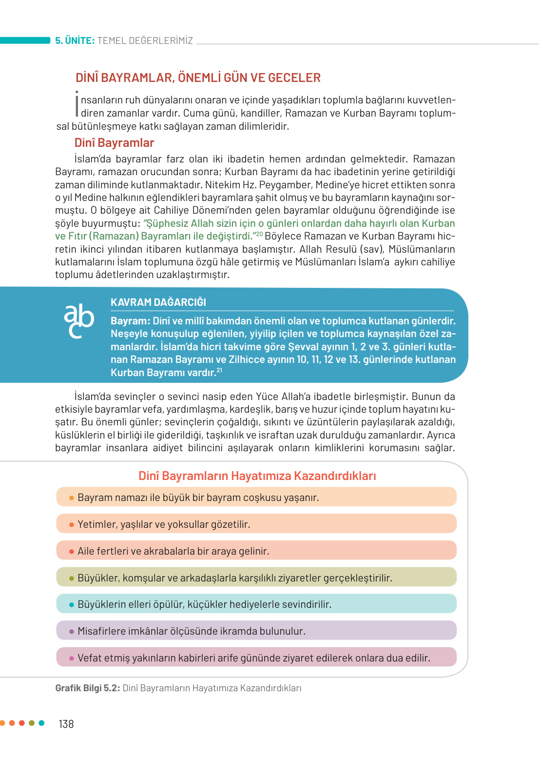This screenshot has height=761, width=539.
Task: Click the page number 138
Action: click(x=66, y=724)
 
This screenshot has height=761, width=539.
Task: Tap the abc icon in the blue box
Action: click(x=78, y=320)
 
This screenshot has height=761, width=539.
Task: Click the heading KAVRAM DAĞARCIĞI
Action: click(x=158, y=302)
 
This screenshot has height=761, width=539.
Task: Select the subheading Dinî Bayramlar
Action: click(x=114, y=143)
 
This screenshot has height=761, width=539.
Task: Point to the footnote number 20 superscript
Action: click(x=259, y=234)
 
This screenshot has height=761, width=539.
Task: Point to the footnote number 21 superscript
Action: click(x=219, y=370)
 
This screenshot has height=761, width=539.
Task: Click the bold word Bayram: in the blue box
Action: click(x=130, y=321)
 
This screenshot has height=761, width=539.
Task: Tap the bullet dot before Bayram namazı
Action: click(x=72, y=498)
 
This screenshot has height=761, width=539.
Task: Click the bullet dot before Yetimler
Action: click(x=72, y=525)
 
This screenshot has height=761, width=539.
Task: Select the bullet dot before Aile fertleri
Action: click(x=72, y=552)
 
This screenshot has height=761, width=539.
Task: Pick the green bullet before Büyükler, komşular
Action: click(x=72, y=579)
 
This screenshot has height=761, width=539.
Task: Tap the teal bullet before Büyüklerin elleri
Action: click(x=72, y=605)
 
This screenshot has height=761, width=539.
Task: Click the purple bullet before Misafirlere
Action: click(x=72, y=632)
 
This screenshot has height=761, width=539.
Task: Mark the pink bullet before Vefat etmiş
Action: click(x=72, y=659)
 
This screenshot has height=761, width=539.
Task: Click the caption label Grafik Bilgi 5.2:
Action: click(x=87, y=688)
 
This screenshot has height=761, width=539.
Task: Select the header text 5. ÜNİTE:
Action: click(x=75, y=40)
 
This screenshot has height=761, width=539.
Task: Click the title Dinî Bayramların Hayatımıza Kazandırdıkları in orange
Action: click(x=257, y=476)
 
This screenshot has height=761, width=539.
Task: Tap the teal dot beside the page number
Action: click(x=41, y=723)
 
